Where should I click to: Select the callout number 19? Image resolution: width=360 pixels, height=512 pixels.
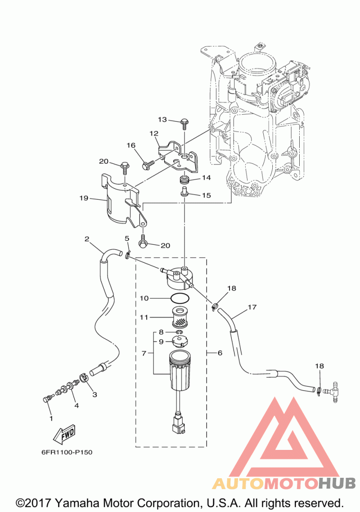[x=84, y=198]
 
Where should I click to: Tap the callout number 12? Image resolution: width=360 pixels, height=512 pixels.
[x=154, y=133]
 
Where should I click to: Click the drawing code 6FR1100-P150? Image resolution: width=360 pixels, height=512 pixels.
[x=67, y=453]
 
